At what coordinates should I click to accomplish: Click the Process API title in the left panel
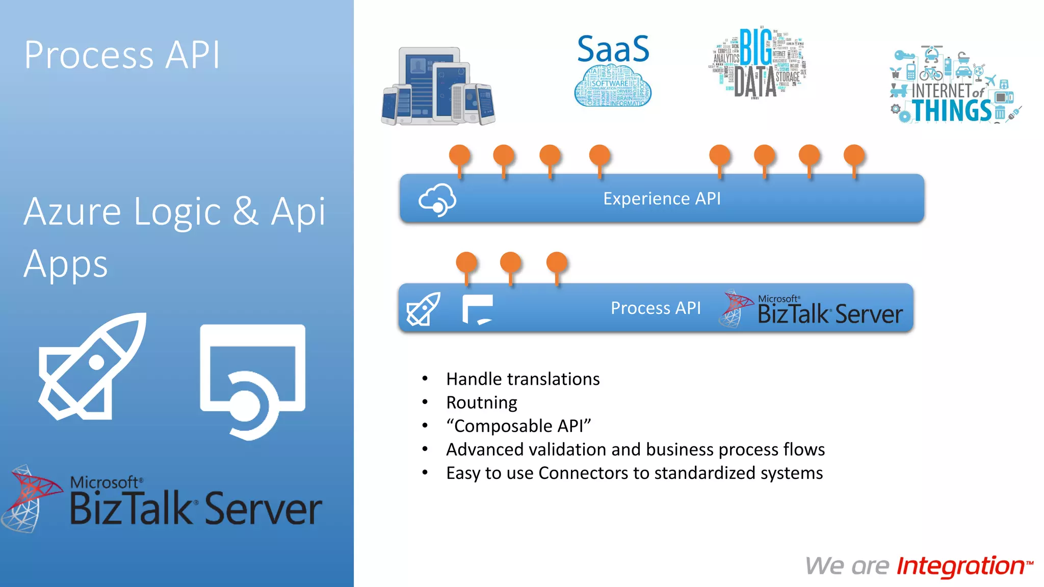pyautogui.click(x=122, y=55)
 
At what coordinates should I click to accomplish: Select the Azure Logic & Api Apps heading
pyautogui.click(x=174, y=237)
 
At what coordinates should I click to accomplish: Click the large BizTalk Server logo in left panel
pyautogui.click(x=163, y=501)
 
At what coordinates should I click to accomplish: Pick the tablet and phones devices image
pyautogui.click(x=438, y=87)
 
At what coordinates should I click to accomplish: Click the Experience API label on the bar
pyautogui.click(x=662, y=198)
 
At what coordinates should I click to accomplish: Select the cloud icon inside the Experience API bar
pyautogui.click(x=437, y=199)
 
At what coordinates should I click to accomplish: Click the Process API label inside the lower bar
pyautogui.click(x=656, y=308)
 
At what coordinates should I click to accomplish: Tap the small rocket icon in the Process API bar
pyautogui.click(x=423, y=309)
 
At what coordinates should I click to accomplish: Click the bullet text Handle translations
pyautogui.click(x=523, y=379)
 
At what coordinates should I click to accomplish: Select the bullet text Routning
pyautogui.click(x=481, y=403)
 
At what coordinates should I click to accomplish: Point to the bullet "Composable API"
pyautogui.click(x=518, y=426)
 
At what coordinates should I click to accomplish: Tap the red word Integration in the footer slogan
pyautogui.click(x=961, y=566)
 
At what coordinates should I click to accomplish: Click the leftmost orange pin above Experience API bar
pyautogui.click(x=459, y=155)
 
